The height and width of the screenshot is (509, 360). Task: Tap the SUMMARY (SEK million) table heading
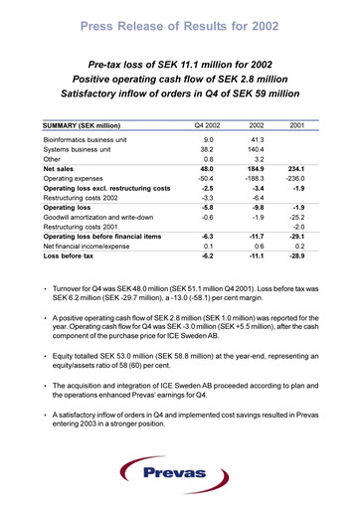(x=83, y=126)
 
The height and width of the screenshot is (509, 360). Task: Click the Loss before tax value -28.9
(x=294, y=255)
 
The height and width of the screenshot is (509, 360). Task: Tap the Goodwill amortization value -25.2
(x=295, y=217)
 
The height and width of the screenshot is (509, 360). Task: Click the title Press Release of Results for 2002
(x=180, y=22)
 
